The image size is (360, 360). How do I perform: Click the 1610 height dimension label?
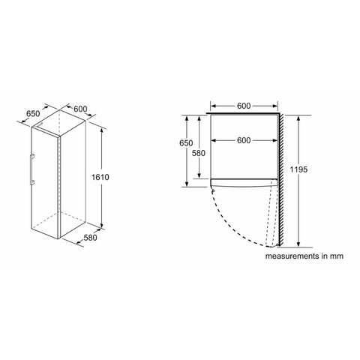100,177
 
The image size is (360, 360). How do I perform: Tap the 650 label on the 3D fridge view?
33,114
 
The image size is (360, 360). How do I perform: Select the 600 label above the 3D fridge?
80,109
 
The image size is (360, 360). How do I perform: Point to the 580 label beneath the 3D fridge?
90,238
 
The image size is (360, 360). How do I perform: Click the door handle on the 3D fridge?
31,169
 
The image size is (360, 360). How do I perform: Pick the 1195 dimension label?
298,169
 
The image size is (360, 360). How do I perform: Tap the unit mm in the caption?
337,256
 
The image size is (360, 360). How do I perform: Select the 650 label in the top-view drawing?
186,143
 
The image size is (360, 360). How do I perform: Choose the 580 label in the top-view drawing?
199,153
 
